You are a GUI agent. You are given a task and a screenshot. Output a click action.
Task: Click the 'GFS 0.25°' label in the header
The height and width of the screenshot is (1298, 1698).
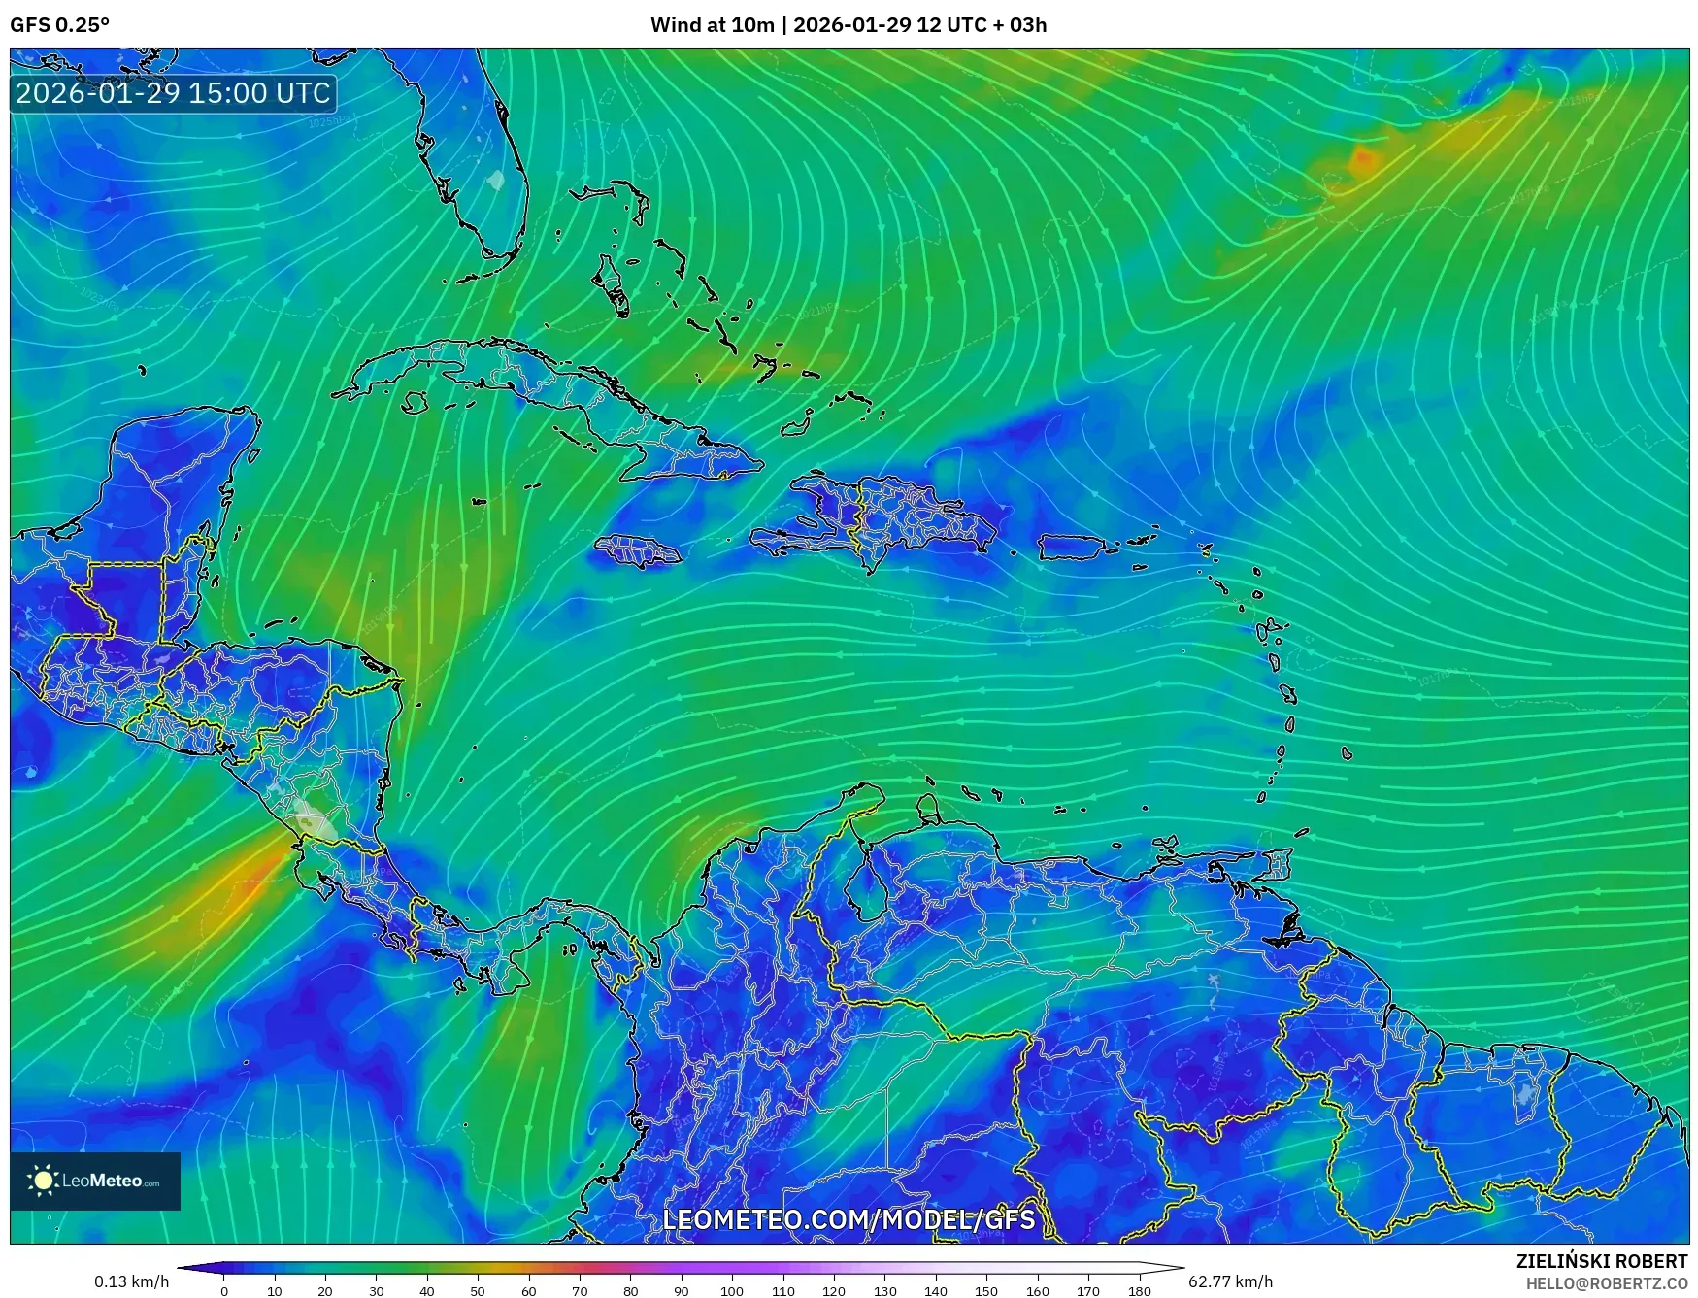(60, 25)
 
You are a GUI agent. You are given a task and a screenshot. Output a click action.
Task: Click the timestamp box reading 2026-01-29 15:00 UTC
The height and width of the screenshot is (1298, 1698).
(173, 93)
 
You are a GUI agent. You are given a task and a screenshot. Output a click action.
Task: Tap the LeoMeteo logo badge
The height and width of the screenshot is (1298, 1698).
(95, 1181)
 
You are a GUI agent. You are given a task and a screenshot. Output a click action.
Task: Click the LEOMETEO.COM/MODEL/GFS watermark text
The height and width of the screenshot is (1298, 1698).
(849, 1219)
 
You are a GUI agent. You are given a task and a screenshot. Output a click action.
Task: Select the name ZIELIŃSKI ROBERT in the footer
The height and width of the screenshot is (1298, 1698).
(1602, 1261)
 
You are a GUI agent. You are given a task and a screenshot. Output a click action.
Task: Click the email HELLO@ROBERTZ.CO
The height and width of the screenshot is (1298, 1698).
(1606, 1282)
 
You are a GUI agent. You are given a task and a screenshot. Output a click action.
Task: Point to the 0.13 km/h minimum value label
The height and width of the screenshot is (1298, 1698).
(132, 1281)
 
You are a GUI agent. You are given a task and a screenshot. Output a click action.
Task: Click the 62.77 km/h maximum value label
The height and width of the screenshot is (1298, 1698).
(1230, 1281)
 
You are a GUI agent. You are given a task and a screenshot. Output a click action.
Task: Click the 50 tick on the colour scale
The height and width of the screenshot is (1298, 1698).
(478, 1291)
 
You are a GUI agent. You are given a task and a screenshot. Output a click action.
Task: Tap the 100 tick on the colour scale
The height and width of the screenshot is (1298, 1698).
(732, 1291)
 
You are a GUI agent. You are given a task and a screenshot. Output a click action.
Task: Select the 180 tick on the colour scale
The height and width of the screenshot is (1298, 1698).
(1140, 1291)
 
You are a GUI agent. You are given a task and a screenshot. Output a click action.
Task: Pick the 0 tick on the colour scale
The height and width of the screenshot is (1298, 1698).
(224, 1291)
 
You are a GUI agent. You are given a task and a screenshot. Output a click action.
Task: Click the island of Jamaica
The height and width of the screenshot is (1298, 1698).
(637, 551)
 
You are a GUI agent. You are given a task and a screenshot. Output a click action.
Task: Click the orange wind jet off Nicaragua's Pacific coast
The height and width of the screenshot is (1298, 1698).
(248, 885)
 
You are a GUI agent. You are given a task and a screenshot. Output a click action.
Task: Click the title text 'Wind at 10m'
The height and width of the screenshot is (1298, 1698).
(712, 25)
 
